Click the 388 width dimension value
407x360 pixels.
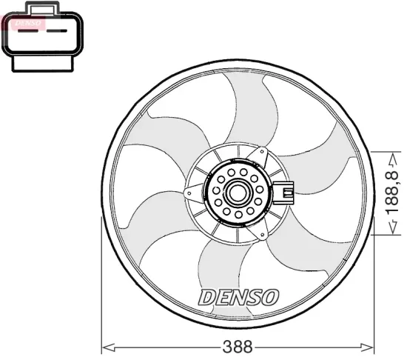click(x=238, y=346)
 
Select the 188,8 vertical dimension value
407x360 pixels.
click(x=391, y=193)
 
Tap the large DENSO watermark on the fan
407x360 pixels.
click(x=238, y=297)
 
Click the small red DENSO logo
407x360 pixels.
click(x=28, y=23)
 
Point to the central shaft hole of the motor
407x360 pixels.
click(x=238, y=193)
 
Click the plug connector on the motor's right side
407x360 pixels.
click(x=283, y=193)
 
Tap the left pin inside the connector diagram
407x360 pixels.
click(x=28, y=31)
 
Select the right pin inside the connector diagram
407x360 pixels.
click(x=57, y=31)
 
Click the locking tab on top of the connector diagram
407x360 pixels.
click(x=43, y=8)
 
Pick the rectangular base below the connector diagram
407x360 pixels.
click(x=43, y=64)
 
